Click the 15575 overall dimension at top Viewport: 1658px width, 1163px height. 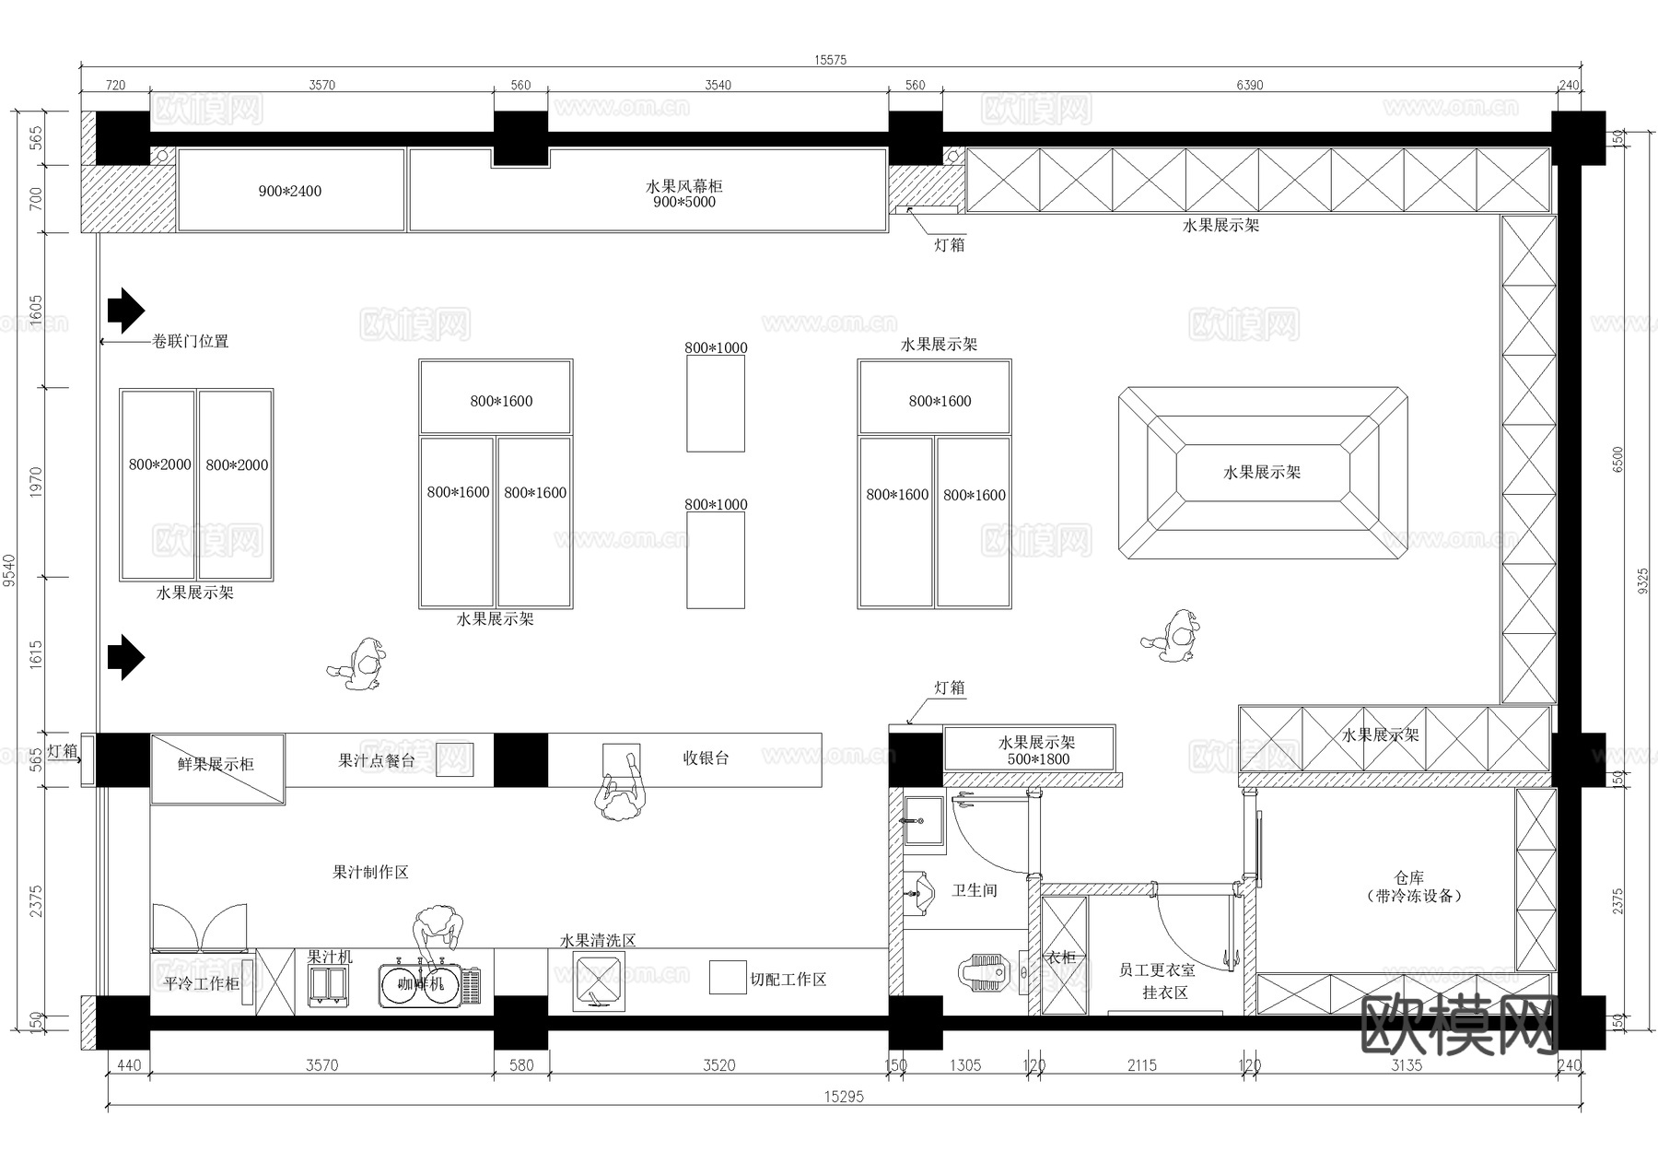pos(830,60)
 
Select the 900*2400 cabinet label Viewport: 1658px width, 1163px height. pos(290,192)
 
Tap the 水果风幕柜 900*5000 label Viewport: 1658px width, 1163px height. pos(683,194)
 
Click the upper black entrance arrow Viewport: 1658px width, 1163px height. pos(125,310)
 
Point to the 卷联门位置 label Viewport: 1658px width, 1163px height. pos(190,341)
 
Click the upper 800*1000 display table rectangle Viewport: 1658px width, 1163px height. pos(716,404)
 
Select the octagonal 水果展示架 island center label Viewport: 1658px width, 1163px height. pos(1262,473)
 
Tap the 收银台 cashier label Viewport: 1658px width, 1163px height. pos(706,758)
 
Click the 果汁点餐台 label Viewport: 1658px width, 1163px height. pos(376,760)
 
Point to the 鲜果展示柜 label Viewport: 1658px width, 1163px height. pos(216,764)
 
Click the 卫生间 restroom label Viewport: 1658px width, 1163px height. pos(975,890)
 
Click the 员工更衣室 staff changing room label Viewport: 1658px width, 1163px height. pos(1157,970)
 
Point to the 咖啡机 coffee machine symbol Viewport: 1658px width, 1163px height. pos(420,984)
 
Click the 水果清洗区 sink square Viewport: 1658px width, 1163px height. pos(598,979)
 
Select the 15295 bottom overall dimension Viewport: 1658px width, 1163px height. pos(844,1097)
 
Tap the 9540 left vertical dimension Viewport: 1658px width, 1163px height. pos(10,570)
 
